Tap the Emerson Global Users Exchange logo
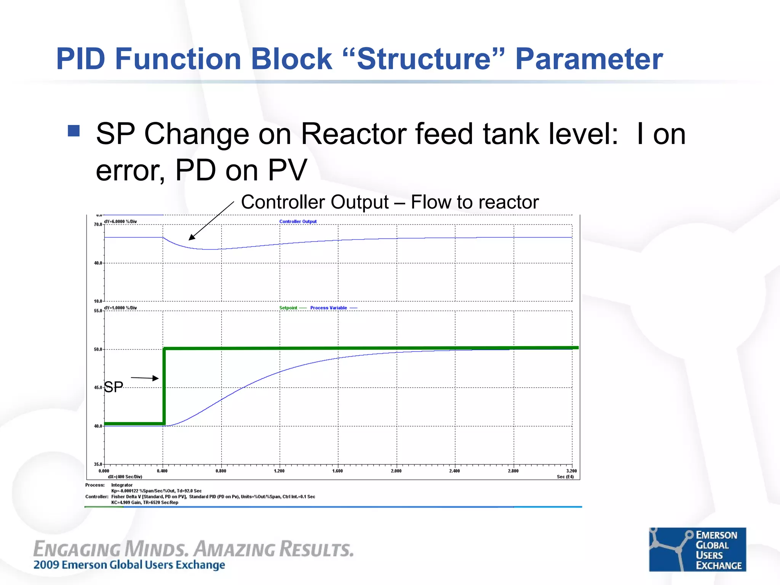[x=697, y=549]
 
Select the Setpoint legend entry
[x=288, y=308]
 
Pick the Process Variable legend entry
[x=328, y=308]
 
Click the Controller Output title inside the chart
[x=298, y=221]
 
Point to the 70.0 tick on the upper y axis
[x=98, y=225]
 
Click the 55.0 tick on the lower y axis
[x=98, y=311]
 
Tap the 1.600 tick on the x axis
[x=337, y=471]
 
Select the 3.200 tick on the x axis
[x=571, y=471]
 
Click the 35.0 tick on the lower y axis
[x=98, y=464]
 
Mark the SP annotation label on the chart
[x=113, y=387]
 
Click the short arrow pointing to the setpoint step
[x=144, y=378]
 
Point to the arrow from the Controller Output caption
[x=211, y=221]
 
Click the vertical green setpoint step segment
[x=164, y=385]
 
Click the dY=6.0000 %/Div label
[x=120, y=221]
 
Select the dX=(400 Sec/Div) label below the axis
[x=125, y=477]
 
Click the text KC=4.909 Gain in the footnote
[x=126, y=502]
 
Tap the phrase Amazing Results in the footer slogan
[x=273, y=549]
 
